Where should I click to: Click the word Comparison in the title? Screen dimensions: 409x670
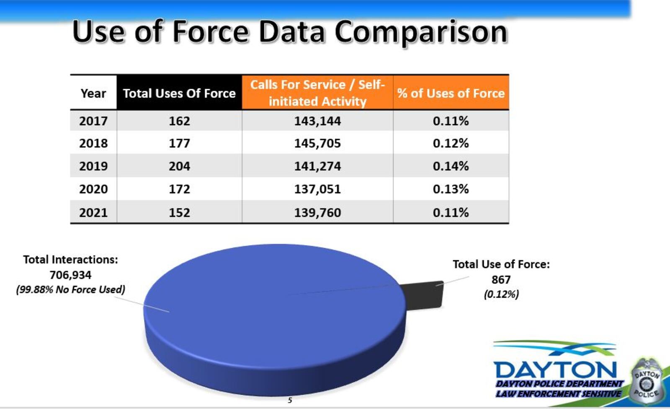pos(420,32)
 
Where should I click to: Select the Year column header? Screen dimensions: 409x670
pos(93,93)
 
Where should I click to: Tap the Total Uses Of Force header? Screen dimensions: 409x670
pos(179,93)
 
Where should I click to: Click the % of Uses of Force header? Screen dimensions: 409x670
pos(451,93)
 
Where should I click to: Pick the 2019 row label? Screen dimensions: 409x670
pos(93,166)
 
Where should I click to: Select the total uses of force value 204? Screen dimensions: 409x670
pos(179,166)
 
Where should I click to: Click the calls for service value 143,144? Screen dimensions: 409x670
pos(317,121)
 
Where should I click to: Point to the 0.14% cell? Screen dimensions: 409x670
pos(451,166)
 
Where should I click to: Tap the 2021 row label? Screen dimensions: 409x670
pos(93,212)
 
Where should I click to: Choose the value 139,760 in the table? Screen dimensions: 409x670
pos(317,212)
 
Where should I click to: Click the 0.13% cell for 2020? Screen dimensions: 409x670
pos(451,189)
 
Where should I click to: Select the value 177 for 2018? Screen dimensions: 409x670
pos(179,143)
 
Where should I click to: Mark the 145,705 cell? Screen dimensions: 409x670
pos(317,143)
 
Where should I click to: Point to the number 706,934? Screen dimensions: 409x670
pos(70,275)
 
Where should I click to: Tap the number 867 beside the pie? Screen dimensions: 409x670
pos(501,279)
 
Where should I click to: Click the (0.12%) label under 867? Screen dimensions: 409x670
pos(501,294)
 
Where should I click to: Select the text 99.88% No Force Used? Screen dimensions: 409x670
pos(70,289)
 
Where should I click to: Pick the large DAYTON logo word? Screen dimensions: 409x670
pos(555,369)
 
